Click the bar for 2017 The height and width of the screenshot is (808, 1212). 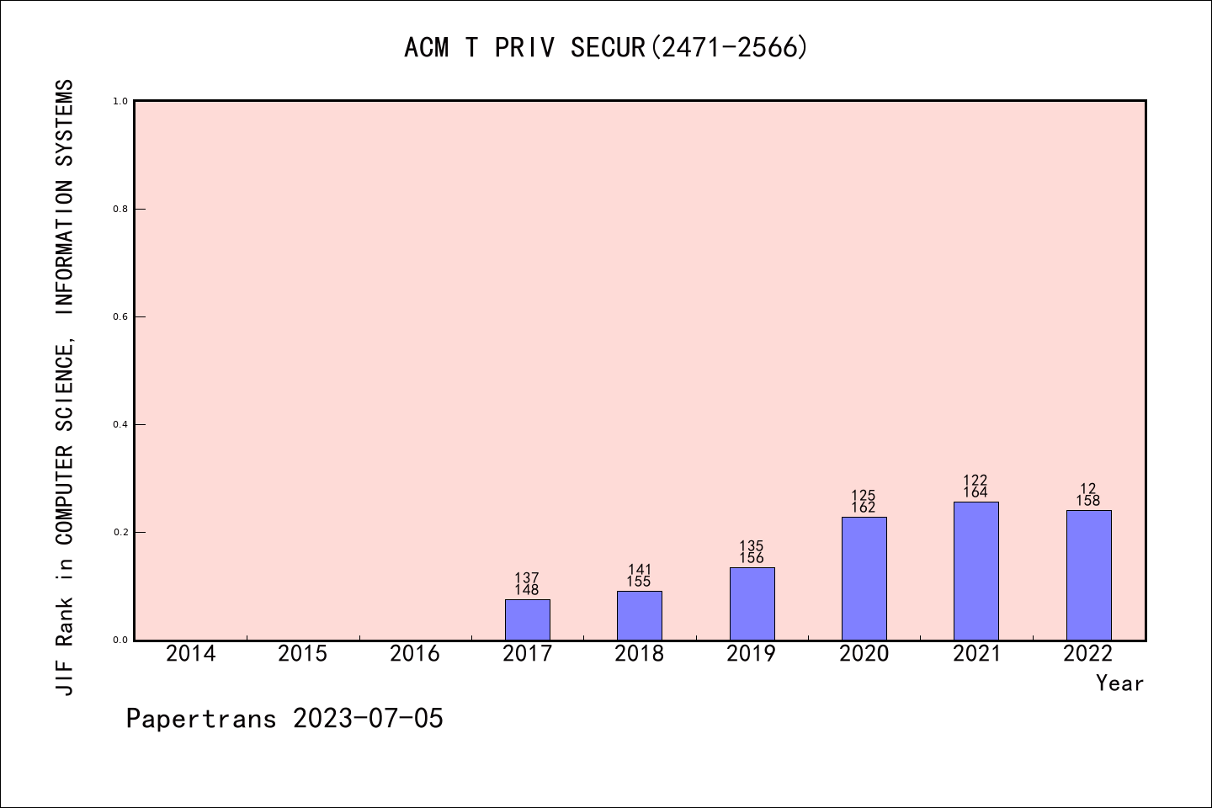pyautogui.click(x=527, y=619)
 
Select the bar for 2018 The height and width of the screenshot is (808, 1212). pyautogui.click(x=639, y=615)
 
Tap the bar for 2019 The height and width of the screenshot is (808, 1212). pyautogui.click(x=752, y=603)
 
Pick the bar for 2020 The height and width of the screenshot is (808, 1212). pyautogui.click(x=864, y=578)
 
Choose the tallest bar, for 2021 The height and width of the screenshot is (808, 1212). pyautogui.click(x=975, y=571)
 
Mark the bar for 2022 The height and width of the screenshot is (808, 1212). pyautogui.click(x=1088, y=575)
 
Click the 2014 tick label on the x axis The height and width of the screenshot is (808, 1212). pyautogui.click(x=190, y=654)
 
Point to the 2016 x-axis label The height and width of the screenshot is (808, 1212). pyautogui.click(x=415, y=654)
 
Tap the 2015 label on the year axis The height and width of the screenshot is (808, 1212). pyautogui.click(x=302, y=654)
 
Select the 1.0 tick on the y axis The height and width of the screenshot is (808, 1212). pyautogui.click(x=120, y=101)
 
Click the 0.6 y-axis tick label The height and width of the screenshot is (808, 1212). pyautogui.click(x=120, y=316)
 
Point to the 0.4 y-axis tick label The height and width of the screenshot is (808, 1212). pyautogui.click(x=120, y=424)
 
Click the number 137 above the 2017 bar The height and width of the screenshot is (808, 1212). pyautogui.click(x=527, y=578)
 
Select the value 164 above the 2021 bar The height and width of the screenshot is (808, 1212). pyautogui.click(x=975, y=492)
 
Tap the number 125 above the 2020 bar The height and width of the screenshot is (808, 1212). pyautogui.click(x=864, y=496)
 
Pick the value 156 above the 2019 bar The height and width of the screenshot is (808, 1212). pyautogui.click(x=752, y=558)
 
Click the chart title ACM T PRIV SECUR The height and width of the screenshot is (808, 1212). pyautogui.click(x=606, y=48)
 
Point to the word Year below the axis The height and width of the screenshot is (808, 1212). pyautogui.click(x=1119, y=683)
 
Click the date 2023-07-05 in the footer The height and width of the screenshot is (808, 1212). pyautogui.click(x=368, y=719)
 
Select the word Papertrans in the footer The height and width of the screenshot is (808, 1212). pyautogui.click(x=201, y=719)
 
